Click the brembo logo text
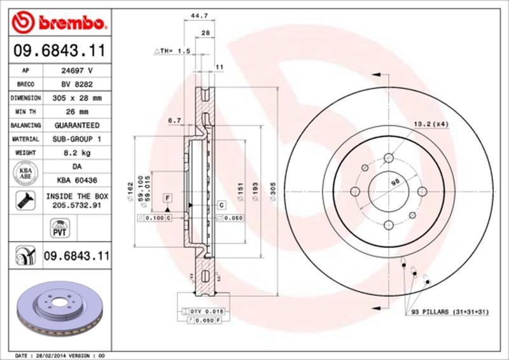[70, 24]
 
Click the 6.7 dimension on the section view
[175, 120]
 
